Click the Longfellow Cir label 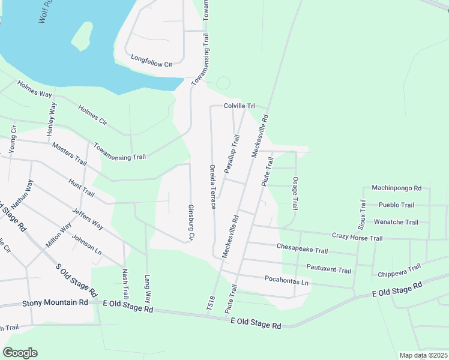[x=151, y=60]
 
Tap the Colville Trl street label [x=239, y=106]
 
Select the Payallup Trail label [x=232, y=155]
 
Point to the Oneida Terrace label [x=213, y=187]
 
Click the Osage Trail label [x=295, y=193]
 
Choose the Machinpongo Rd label [x=396, y=187]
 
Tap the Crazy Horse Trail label [x=357, y=238]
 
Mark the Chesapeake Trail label [x=302, y=249]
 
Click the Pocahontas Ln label [x=286, y=281]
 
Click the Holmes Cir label [x=92, y=115]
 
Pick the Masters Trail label [x=69, y=154]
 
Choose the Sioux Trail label [x=362, y=214]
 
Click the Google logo [x=20, y=353]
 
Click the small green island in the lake [x=82, y=37]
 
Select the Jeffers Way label [x=88, y=219]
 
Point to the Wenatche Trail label [x=396, y=222]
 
